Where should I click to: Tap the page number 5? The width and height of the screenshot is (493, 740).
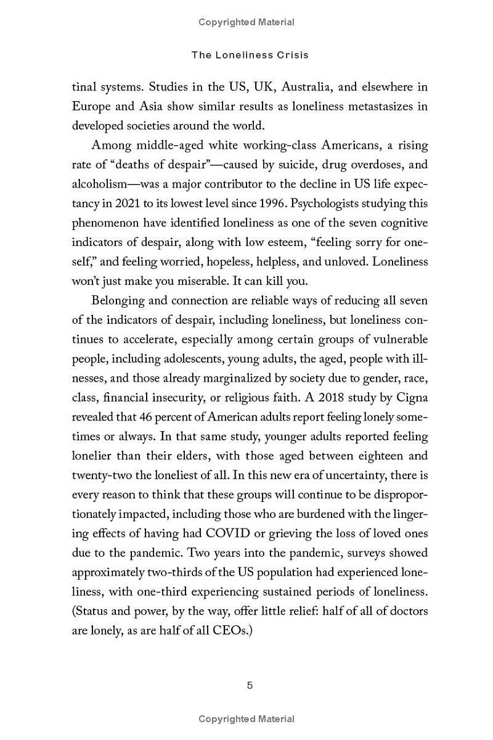coord(250,685)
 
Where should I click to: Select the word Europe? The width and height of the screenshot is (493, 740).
coord(91,106)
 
